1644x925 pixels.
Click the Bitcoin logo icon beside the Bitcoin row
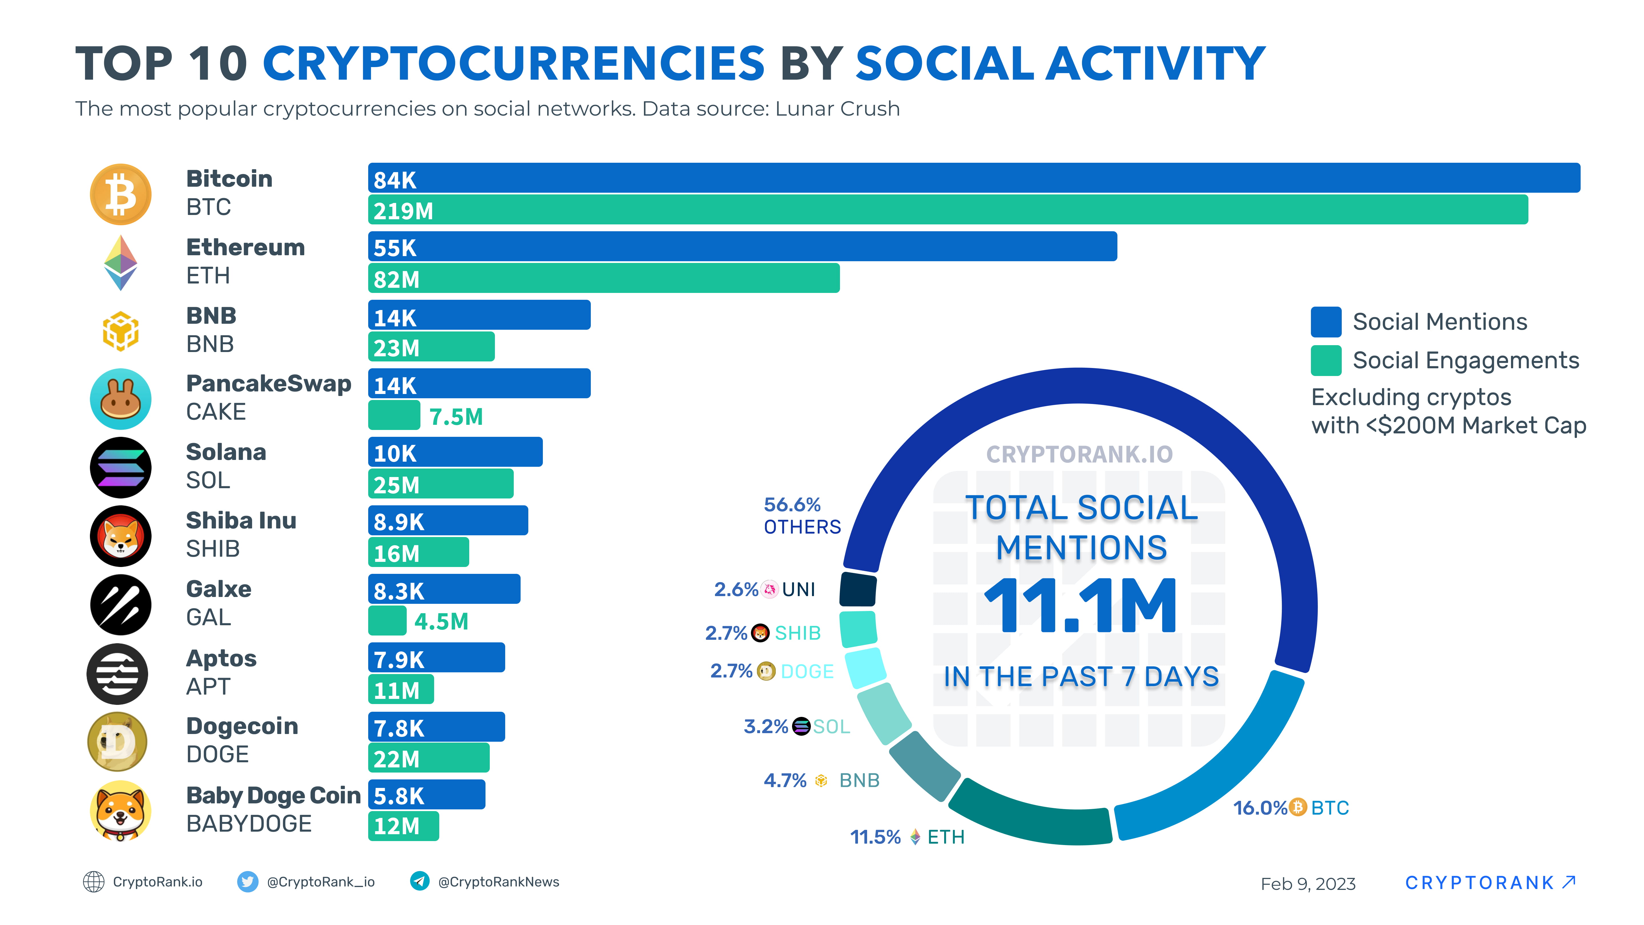(121, 194)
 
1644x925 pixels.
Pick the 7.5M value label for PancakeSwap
(456, 417)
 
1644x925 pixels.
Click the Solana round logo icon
(121, 467)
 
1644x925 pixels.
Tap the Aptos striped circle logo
(117, 673)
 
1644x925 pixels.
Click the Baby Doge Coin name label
(273, 795)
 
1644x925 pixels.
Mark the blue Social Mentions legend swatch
(1325, 322)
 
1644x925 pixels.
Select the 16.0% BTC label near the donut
(1290, 808)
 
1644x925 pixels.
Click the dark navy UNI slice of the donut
(858, 589)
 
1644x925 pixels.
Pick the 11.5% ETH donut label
(906, 837)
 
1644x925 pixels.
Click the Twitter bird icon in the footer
(248, 882)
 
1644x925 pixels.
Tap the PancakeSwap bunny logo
(121, 399)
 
